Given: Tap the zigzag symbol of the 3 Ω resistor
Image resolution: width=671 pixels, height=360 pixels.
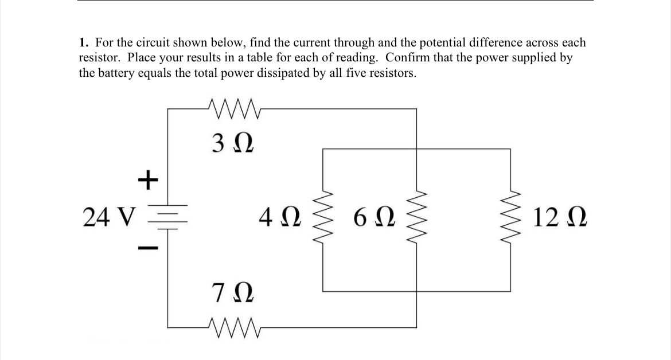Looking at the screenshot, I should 236,107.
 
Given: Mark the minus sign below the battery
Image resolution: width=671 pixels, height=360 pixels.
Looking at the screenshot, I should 147,248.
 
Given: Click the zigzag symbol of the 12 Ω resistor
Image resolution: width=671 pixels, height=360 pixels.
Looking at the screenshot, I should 510,217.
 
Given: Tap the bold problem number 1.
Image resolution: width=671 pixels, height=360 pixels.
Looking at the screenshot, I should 84,43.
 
